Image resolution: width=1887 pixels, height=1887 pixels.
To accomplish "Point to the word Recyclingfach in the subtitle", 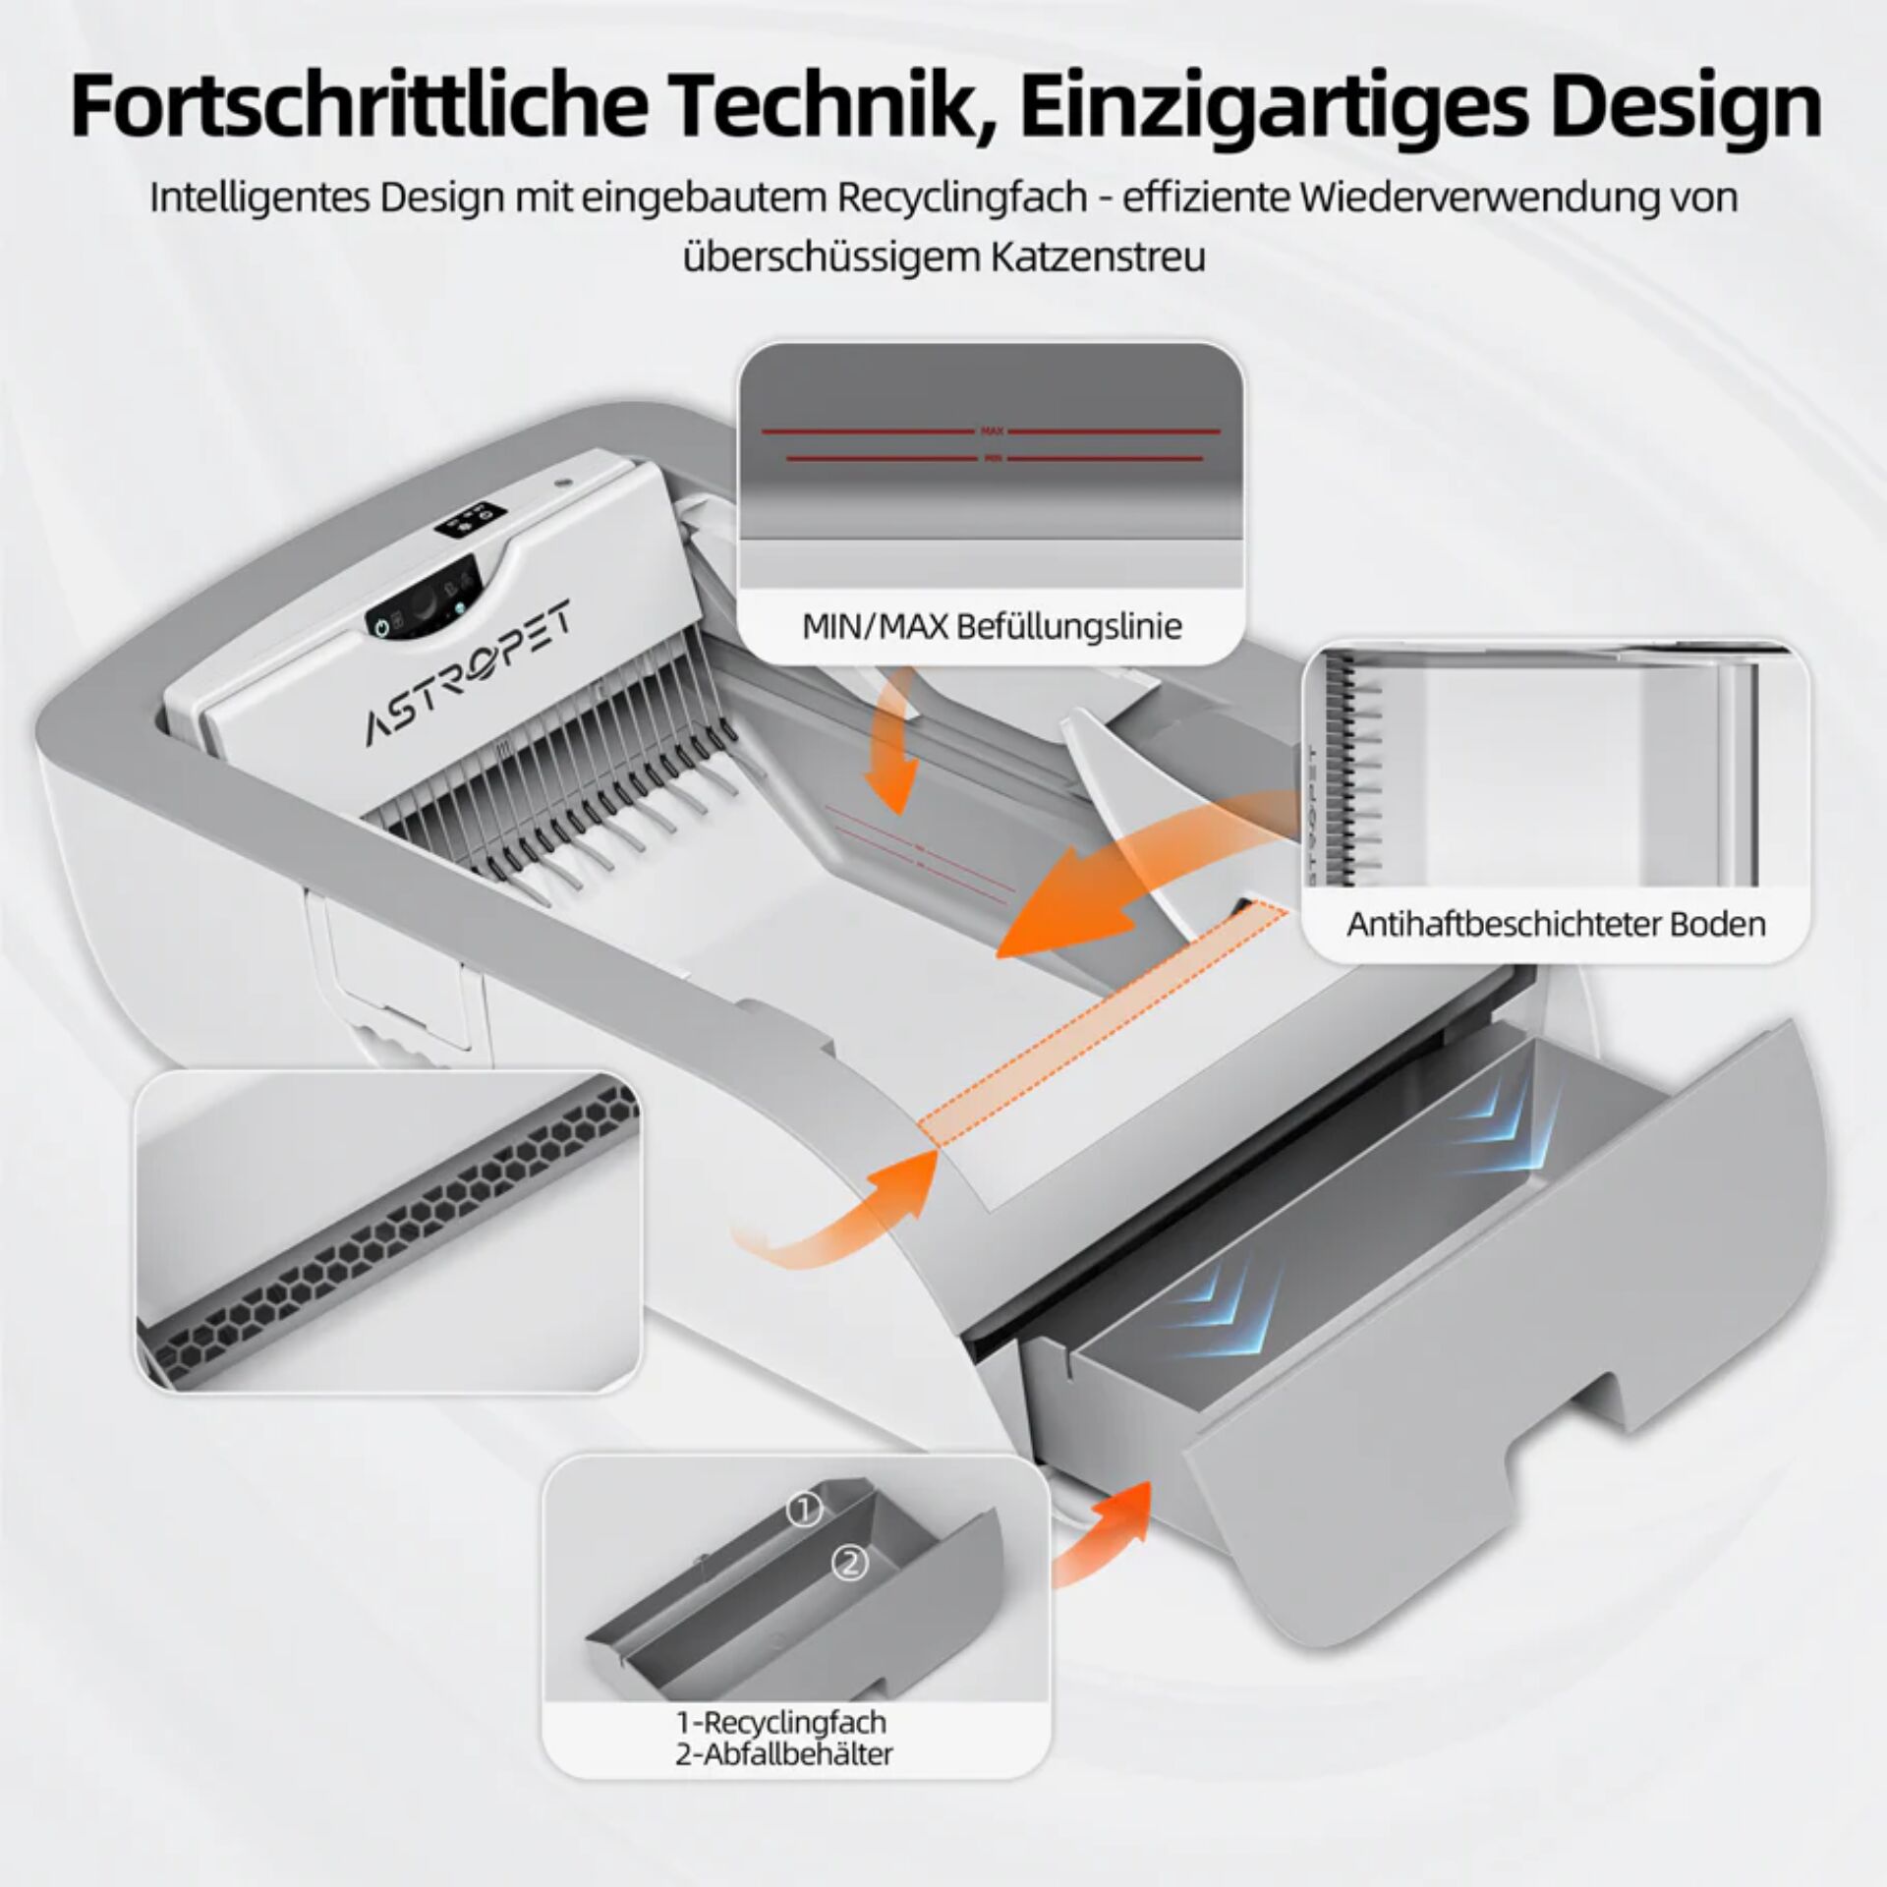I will click(x=962, y=197).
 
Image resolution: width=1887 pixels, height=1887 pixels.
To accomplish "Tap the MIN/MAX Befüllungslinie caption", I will click(x=991, y=626).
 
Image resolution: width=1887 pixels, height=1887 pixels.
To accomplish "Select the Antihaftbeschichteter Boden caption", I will click(x=1556, y=925).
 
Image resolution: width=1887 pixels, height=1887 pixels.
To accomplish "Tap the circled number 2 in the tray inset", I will click(x=850, y=1590).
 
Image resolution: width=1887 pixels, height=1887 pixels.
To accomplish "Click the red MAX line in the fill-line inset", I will click(x=991, y=430).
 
